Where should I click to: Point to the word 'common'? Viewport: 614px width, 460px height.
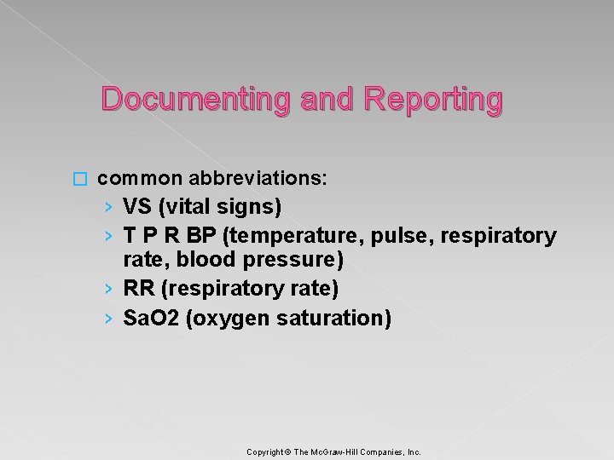[140, 179]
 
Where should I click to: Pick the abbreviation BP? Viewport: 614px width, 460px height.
[201, 235]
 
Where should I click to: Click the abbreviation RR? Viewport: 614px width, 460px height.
[139, 290]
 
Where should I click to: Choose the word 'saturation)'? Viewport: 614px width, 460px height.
[341, 319]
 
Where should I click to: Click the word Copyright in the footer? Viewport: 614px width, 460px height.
[265, 452]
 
